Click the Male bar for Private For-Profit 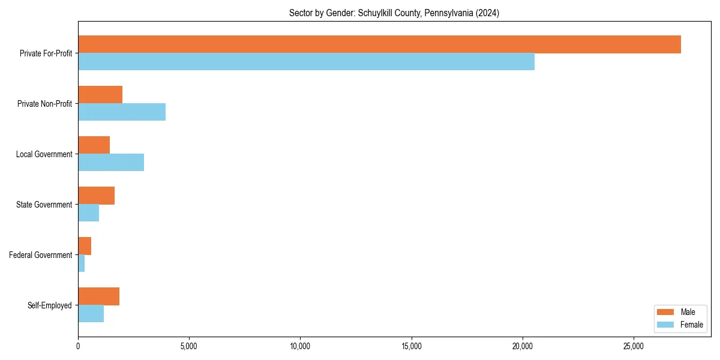coord(379,44)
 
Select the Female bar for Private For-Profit coord(306,62)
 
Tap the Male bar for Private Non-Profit coord(100,95)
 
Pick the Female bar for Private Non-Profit coord(122,112)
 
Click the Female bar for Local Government coord(111,163)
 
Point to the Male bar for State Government coord(96,196)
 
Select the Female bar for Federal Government coord(82,263)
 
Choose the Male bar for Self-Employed coord(98,296)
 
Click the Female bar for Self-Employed coord(91,314)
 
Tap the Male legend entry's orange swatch coord(666,312)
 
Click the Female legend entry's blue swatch coord(666,325)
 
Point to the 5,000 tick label coord(189,346)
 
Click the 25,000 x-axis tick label coord(634,346)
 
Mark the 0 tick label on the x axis coord(78,346)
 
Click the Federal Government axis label coord(41,255)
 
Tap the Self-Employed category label coord(50,305)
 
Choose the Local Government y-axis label coord(44,154)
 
